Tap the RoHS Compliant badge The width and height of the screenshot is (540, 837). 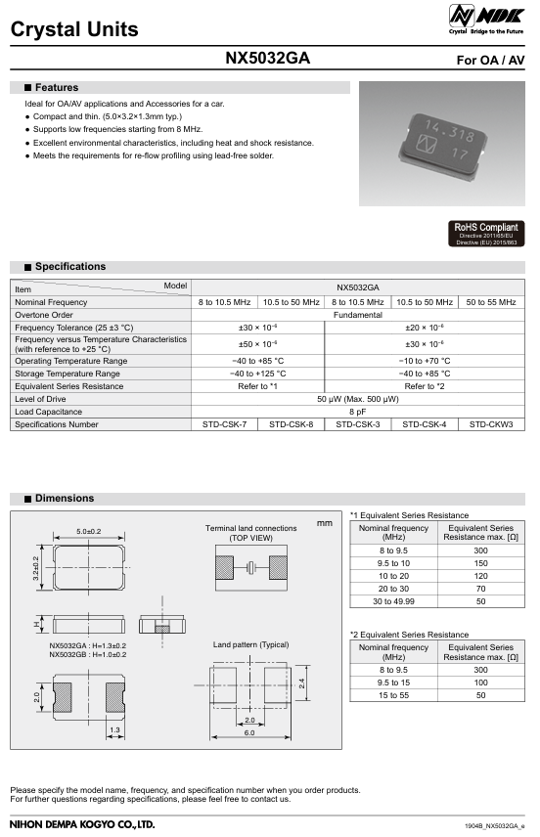(x=485, y=233)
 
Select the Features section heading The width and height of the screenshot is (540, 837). (x=56, y=88)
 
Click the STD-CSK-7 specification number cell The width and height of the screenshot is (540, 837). (x=225, y=424)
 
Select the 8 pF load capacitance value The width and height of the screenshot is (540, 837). (x=357, y=412)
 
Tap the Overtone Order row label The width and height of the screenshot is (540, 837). (x=44, y=315)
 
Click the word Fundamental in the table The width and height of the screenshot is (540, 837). (x=357, y=315)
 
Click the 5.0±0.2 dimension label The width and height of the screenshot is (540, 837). (x=88, y=531)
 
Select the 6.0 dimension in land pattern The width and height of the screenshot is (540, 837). (x=249, y=732)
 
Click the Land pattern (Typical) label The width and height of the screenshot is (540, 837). (x=250, y=645)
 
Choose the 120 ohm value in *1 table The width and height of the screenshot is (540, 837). (x=480, y=578)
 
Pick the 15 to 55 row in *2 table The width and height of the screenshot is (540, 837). (x=394, y=695)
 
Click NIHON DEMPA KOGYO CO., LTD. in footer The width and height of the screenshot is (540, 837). (x=82, y=825)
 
